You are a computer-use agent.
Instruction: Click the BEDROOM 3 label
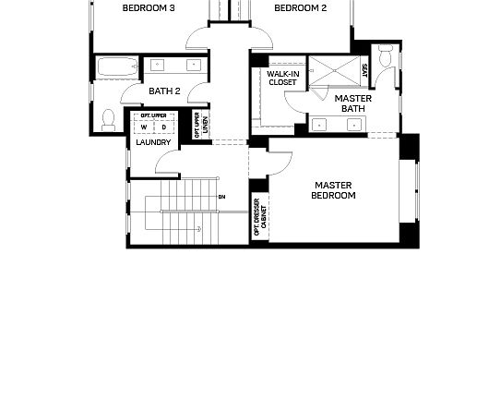click(x=149, y=8)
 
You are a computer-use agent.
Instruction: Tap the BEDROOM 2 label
click(x=301, y=8)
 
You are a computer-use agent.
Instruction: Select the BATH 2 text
click(x=164, y=91)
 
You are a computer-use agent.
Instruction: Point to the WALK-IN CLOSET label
click(x=282, y=78)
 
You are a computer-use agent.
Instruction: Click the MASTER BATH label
click(x=352, y=103)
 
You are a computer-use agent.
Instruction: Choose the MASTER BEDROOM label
click(x=333, y=189)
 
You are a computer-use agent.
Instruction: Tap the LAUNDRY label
click(x=152, y=142)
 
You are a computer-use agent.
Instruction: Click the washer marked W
click(x=143, y=127)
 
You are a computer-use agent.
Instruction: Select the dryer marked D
click(x=163, y=127)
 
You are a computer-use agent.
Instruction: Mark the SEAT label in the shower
click(x=365, y=68)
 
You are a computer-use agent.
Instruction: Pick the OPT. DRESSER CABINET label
click(x=258, y=217)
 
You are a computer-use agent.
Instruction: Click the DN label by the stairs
click(x=221, y=197)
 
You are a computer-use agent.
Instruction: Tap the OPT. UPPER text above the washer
click(x=152, y=115)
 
